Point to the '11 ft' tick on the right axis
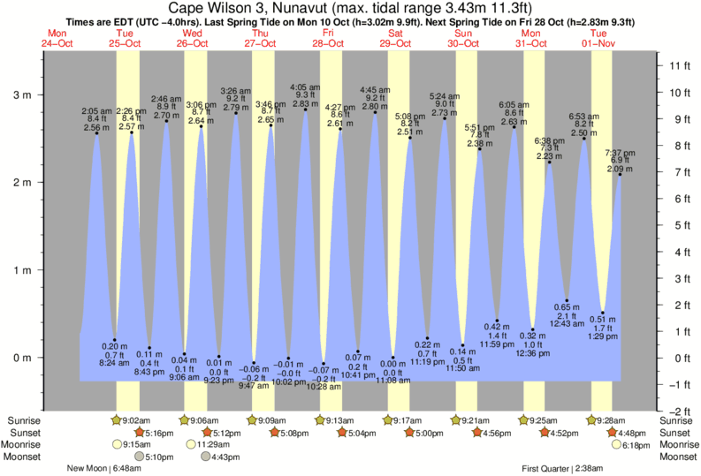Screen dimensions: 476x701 [x=678, y=66]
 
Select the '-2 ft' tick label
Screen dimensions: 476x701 [x=679, y=412]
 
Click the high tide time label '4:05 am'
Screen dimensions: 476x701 [x=306, y=87]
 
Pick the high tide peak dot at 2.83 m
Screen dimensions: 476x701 [x=306, y=110]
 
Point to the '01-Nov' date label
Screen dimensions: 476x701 [x=602, y=42]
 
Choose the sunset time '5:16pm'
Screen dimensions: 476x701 [x=159, y=434]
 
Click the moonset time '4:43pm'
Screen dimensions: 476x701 [x=226, y=457]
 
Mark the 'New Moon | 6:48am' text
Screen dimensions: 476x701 [x=111, y=470]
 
